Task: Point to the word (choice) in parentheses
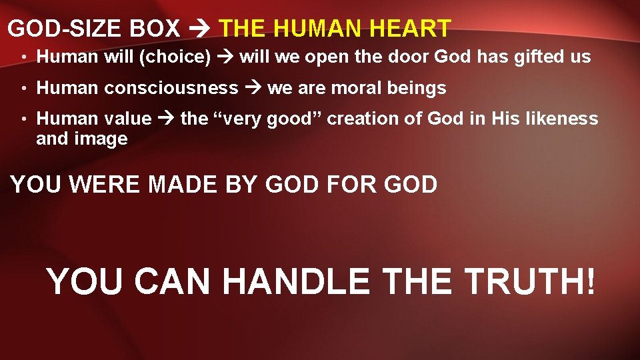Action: click(174, 57)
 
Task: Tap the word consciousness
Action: click(171, 88)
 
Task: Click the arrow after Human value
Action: click(166, 119)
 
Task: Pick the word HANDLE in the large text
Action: click(296, 281)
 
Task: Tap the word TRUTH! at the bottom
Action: click(529, 281)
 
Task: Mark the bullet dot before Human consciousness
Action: click(23, 89)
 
